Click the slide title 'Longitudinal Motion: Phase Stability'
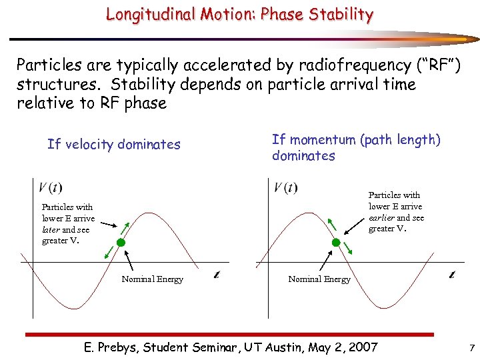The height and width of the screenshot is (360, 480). pos(239,14)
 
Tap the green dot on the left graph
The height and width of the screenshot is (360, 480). pos(121,243)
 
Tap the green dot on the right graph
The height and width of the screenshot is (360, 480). pos(336,243)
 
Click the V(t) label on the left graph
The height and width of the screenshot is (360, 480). pos(51,187)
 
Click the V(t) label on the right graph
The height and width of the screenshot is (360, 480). pos(285,187)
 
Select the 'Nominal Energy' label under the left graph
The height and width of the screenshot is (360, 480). pos(152,279)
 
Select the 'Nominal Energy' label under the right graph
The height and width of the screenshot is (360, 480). pos(319,279)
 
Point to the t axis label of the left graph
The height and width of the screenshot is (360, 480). pos(217,274)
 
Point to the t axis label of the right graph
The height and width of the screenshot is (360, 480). pos(452,274)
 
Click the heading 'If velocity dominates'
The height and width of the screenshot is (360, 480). pos(113,145)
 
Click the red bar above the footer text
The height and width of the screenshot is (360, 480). pos(229,334)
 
